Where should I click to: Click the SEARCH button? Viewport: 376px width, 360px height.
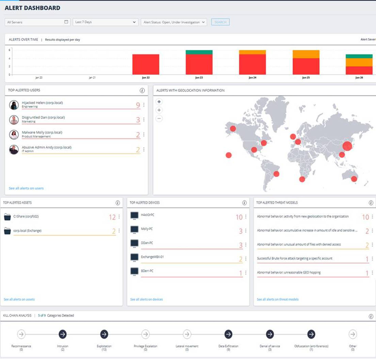[220, 22]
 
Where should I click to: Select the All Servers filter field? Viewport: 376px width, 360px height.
[37, 22]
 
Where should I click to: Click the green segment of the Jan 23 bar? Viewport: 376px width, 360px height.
[199, 52]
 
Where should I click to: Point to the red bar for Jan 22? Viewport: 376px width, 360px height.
[145, 64]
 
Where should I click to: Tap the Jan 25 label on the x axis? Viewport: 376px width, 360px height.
[305, 78]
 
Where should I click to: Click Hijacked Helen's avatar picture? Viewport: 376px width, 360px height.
[14, 105]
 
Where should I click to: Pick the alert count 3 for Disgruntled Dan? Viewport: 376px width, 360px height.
[138, 120]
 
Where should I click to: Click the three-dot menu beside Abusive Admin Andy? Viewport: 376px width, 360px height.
[144, 149]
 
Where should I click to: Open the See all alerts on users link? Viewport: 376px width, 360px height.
[26, 188]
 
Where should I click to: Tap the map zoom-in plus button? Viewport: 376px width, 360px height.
[159, 110]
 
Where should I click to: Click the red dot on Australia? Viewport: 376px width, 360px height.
[354, 179]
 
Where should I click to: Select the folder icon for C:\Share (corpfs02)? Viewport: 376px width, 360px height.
[7, 217]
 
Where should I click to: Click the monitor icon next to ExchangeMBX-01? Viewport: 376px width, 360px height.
[135, 257]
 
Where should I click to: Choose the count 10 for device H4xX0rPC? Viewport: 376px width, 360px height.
[239, 217]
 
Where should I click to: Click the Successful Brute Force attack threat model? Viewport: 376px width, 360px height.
[295, 259]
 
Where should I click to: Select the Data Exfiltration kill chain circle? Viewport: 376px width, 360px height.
[228, 334]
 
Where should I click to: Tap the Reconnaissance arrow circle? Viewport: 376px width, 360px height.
[21, 334]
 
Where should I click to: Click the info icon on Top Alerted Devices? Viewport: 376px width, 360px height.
[244, 203]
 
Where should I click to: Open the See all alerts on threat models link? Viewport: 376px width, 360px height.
[278, 299]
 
